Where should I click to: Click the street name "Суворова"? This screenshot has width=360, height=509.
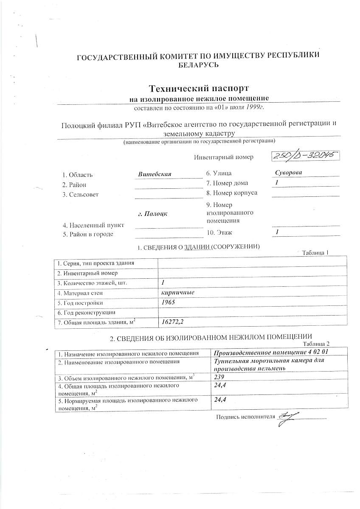tap(288, 173)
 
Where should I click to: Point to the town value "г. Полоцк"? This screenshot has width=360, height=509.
tap(153, 213)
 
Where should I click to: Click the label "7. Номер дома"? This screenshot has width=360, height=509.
tap(227, 183)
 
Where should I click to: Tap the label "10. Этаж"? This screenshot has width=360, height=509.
tap(219, 232)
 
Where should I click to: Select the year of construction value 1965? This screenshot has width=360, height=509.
tap(169, 303)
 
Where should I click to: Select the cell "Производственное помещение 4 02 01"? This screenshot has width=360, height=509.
tap(272, 353)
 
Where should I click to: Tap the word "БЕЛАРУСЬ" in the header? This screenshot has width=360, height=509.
tap(198, 65)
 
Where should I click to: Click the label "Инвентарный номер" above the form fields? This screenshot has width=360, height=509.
tap(223, 157)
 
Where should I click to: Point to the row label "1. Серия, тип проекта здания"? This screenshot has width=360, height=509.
tap(96, 263)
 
